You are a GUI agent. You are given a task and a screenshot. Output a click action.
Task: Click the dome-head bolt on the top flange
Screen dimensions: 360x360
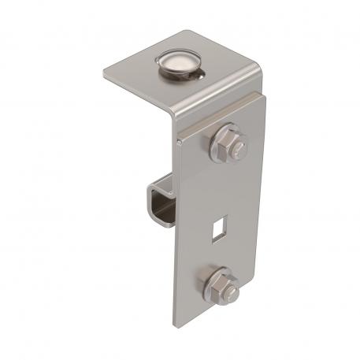click(x=180, y=61)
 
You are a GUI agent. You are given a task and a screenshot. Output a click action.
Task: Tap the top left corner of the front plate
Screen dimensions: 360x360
click(x=179, y=139)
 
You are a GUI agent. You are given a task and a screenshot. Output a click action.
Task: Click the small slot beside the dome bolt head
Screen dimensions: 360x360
click(x=203, y=76)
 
